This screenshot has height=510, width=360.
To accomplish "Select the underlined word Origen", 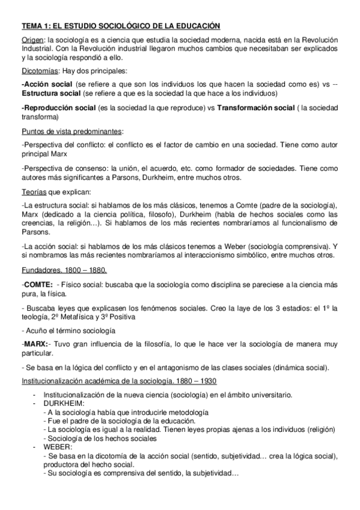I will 32,39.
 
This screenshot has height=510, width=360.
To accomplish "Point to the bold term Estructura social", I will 51,94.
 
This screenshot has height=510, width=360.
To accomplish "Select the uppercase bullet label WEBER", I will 59,448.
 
